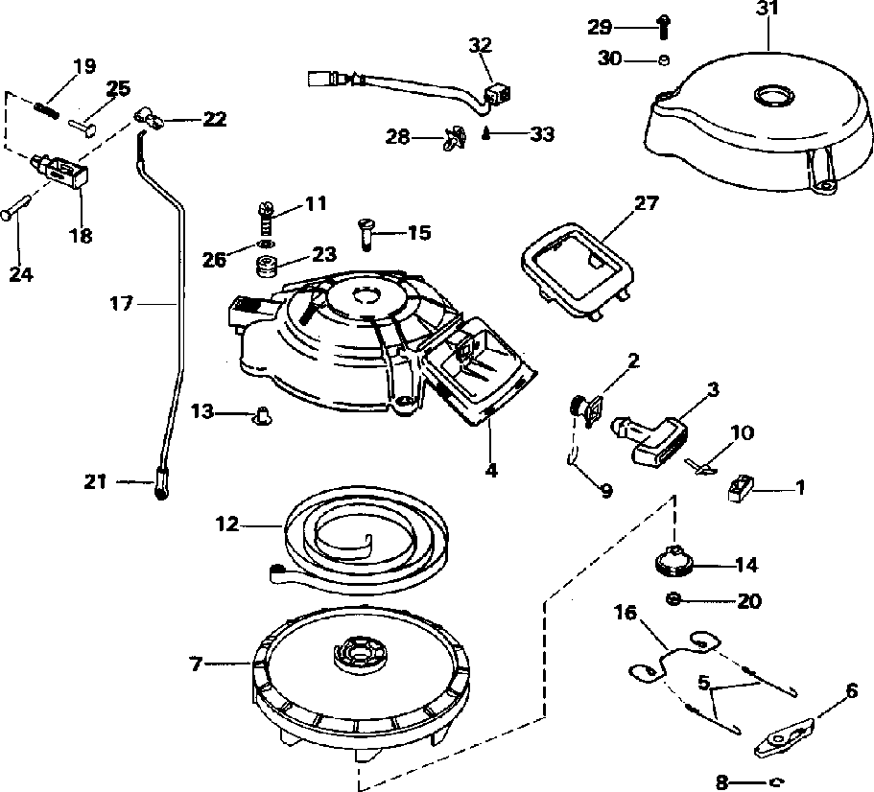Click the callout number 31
[768, 10]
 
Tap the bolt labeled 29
[663, 27]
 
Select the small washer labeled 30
[663, 59]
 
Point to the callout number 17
[122, 304]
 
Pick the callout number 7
[196, 664]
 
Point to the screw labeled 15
[366, 233]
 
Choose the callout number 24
[21, 274]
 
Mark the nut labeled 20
[673, 600]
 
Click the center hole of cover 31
[773, 95]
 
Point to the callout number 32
[481, 45]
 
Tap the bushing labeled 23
[268, 265]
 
